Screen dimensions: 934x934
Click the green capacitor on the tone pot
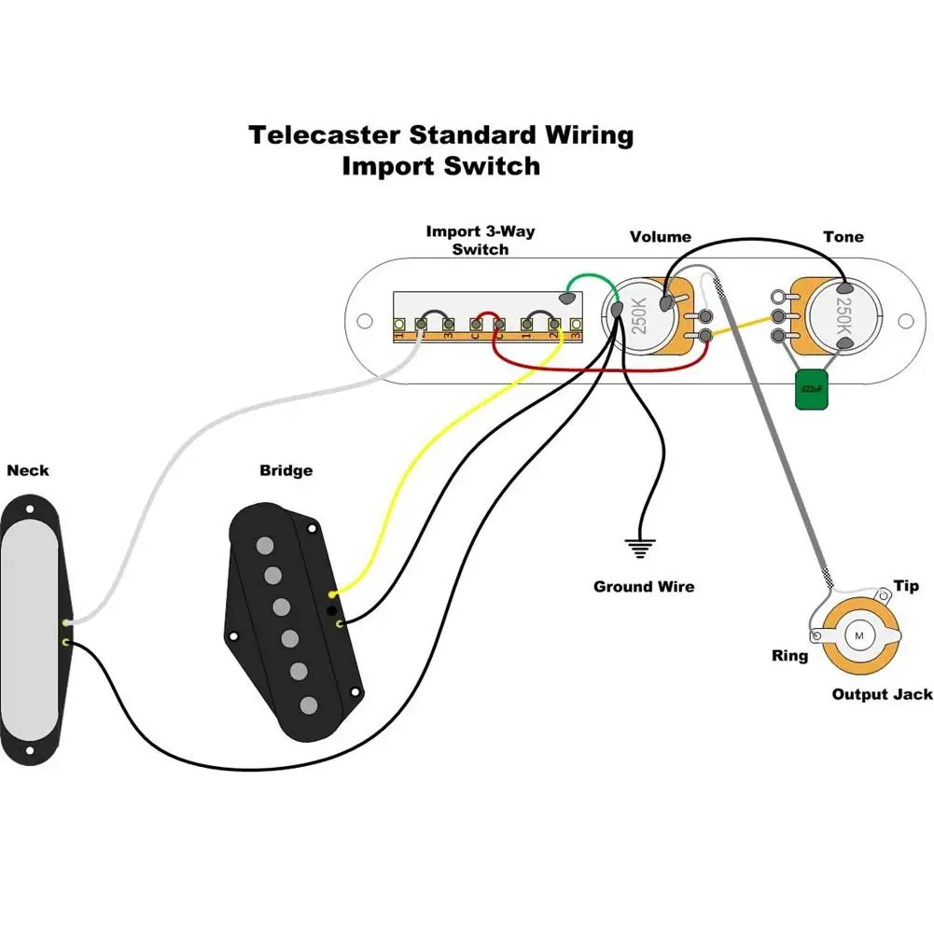(810, 390)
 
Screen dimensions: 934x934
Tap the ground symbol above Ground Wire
(640, 548)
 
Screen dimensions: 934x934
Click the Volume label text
(661, 237)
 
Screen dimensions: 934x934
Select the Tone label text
(843, 237)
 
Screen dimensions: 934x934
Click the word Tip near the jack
(905, 586)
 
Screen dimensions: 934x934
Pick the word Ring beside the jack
(789, 656)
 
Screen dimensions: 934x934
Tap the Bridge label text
(286, 470)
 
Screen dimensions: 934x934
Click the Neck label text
(28, 470)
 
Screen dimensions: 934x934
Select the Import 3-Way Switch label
(481, 240)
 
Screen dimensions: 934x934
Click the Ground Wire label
(644, 587)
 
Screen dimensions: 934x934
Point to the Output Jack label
(881, 695)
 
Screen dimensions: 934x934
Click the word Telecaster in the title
(326, 135)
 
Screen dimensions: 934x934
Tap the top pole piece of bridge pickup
(266, 544)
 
